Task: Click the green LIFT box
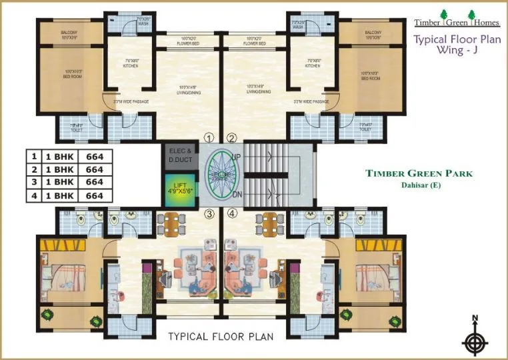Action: (x=179, y=187)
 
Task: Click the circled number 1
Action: (x=209, y=139)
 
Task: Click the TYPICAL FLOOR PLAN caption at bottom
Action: (x=221, y=337)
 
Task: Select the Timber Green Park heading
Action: (x=419, y=173)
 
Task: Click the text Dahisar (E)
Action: (x=419, y=185)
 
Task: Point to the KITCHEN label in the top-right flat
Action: (x=313, y=66)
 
